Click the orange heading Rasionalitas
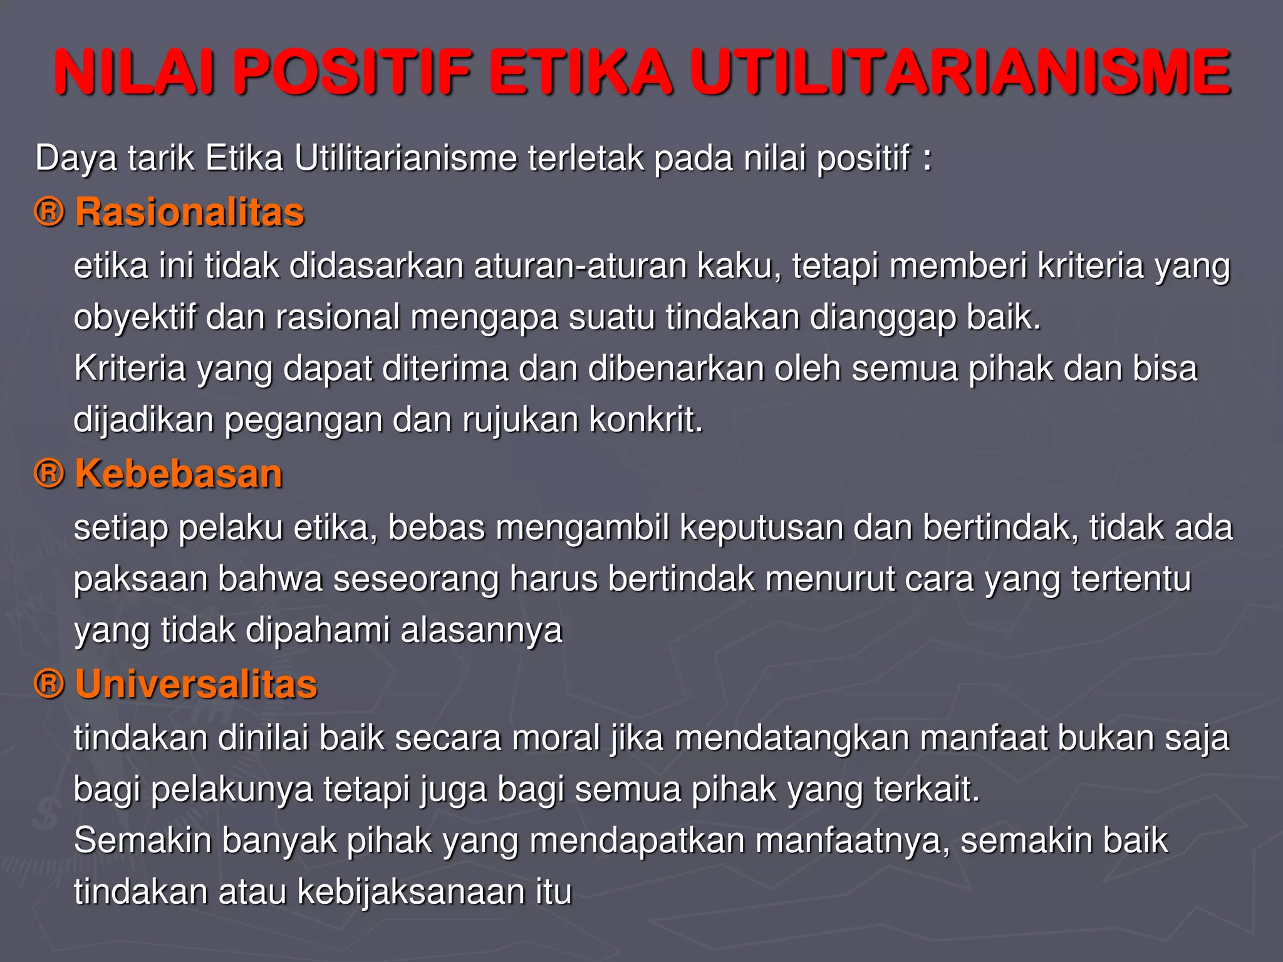(189, 212)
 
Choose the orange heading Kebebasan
(179, 473)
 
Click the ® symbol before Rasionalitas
(49, 212)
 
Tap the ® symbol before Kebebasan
(49, 473)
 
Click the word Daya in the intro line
(76, 158)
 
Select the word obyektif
(135, 318)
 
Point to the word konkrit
(646, 420)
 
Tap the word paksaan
(140, 579)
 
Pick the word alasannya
(481, 630)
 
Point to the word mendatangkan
(792, 738)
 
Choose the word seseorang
(415, 579)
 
